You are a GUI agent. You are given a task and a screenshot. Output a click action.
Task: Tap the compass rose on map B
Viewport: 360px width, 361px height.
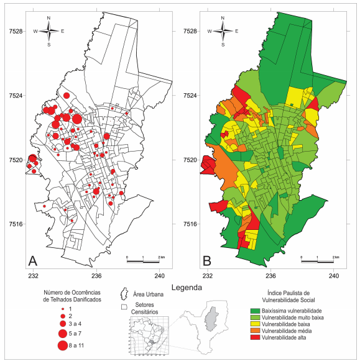click(x=224, y=31)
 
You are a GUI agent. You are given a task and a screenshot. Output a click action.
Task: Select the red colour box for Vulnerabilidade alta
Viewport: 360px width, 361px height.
click(x=256, y=338)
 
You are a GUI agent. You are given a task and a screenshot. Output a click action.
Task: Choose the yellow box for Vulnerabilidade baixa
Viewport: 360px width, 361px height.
click(x=256, y=324)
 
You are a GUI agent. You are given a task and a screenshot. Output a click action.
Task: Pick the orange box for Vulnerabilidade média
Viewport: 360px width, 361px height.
click(x=256, y=331)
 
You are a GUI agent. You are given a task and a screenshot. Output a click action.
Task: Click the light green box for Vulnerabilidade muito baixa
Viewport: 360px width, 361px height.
click(x=256, y=318)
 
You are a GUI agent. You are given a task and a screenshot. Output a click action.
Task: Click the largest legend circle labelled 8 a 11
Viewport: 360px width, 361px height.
click(x=62, y=346)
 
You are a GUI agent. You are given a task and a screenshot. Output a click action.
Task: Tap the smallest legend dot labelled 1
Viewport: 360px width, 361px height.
click(x=62, y=309)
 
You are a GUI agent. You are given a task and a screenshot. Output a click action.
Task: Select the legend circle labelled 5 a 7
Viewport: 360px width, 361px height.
click(x=62, y=334)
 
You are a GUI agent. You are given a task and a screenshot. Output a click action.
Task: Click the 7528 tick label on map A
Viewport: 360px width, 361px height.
click(x=14, y=31)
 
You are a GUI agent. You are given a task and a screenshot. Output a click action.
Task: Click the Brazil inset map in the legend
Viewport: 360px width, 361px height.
click(x=148, y=336)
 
